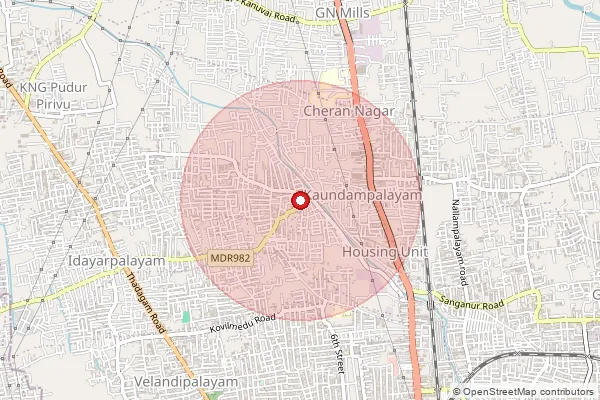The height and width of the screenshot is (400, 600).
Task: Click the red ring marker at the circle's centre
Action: pyautogui.click(x=298, y=199)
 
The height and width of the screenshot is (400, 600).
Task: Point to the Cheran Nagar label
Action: pyautogui.click(x=350, y=112)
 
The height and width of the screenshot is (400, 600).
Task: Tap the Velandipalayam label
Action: pyautogui.click(x=187, y=382)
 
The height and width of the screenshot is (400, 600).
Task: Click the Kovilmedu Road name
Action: pyautogui.click(x=242, y=323)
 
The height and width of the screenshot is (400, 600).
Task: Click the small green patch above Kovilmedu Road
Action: pyautogui.click(x=186, y=316)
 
